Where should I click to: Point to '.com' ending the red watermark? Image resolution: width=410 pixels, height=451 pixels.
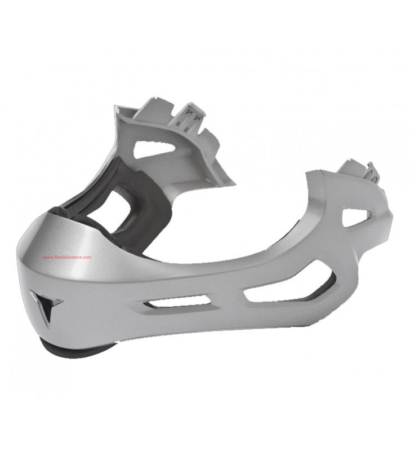(x=88, y=258)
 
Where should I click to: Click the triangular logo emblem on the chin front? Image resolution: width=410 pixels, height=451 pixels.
(x=46, y=304)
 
